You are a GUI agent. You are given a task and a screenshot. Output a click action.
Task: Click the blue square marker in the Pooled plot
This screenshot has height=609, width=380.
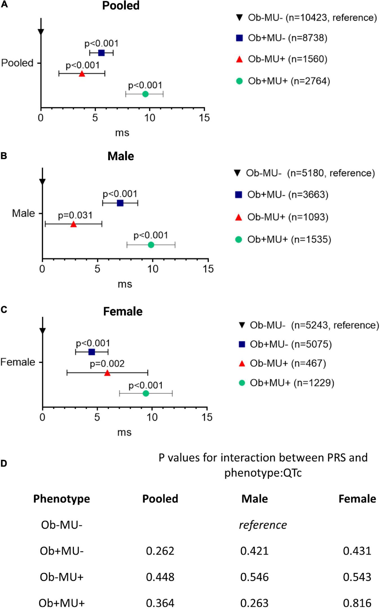(x=101, y=53)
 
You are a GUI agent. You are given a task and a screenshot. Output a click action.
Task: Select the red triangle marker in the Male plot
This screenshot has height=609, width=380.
(x=73, y=224)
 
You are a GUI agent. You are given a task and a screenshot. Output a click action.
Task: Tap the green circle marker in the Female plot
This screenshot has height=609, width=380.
(x=146, y=393)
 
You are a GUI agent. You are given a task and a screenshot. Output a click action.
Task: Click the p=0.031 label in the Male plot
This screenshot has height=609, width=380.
(x=75, y=215)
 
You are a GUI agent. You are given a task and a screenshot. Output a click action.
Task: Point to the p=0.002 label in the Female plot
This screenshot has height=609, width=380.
(x=107, y=364)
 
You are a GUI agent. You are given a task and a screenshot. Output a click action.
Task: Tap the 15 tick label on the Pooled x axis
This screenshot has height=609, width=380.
(x=204, y=118)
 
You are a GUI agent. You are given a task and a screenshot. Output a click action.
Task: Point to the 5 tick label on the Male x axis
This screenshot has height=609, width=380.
(x=97, y=269)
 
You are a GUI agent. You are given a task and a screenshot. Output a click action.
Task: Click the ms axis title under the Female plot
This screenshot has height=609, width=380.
(x=124, y=432)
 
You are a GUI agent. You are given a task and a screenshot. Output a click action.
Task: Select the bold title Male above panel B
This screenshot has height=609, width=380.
(x=120, y=156)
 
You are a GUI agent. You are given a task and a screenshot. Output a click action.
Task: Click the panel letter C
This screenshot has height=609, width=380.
(x=4, y=310)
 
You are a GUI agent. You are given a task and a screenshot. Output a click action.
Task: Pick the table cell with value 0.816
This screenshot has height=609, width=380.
(x=357, y=603)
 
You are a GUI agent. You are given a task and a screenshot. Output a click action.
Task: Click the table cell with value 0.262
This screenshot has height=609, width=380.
(x=160, y=551)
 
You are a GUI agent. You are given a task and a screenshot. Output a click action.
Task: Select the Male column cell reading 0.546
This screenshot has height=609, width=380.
(x=254, y=577)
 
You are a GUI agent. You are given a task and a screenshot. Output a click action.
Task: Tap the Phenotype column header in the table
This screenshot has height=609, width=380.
(x=61, y=499)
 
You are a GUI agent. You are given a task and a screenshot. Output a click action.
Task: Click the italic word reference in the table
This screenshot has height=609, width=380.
(x=263, y=525)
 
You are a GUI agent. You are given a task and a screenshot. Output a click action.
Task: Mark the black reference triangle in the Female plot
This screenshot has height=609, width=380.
(x=43, y=331)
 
